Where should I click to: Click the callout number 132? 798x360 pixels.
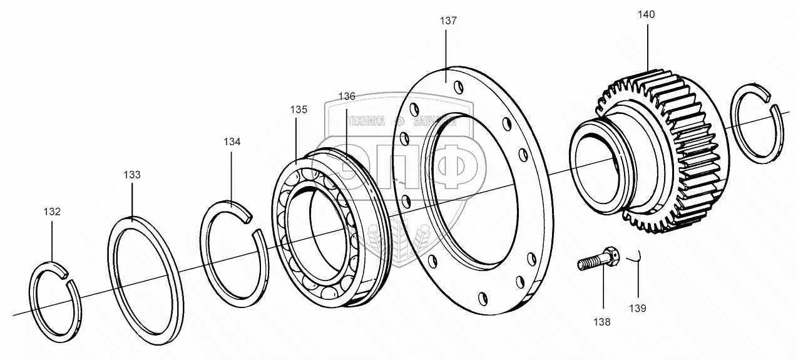click(52, 212)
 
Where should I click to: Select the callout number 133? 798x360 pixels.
click(132, 175)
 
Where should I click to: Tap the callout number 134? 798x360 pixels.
click(232, 141)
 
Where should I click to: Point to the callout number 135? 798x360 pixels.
click(299, 110)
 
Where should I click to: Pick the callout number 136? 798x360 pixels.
click(347, 96)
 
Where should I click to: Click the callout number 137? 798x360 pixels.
click(448, 21)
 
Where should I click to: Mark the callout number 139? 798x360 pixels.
click(638, 308)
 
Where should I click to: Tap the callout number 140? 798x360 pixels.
click(647, 14)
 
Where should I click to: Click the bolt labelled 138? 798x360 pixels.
click(598, 259)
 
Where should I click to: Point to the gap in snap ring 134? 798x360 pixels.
click(254, 226)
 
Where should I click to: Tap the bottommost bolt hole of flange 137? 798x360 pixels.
click(482, 298)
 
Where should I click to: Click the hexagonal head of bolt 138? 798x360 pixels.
click(609, 254)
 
